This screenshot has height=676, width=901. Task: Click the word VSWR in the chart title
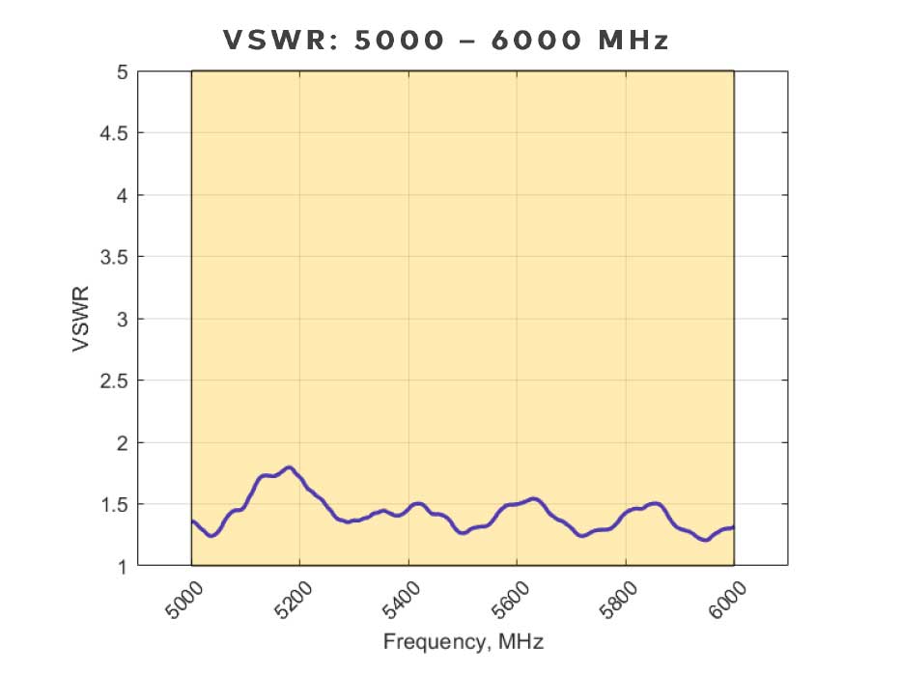277,41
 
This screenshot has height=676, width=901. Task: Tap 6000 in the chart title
542,41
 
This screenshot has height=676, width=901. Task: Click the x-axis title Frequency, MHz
463,641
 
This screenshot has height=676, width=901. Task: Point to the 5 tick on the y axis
121,71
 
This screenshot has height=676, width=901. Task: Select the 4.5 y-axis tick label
113,133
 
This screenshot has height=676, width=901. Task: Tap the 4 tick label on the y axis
121,195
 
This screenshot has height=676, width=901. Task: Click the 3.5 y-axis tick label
113,257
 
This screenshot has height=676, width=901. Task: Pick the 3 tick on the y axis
121,319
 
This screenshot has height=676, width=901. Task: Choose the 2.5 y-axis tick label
113,380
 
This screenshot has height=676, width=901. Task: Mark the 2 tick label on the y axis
121,442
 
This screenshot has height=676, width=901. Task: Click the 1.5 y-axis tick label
113,504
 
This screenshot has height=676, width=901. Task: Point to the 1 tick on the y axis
121,566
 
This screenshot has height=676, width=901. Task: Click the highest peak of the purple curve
288,467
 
